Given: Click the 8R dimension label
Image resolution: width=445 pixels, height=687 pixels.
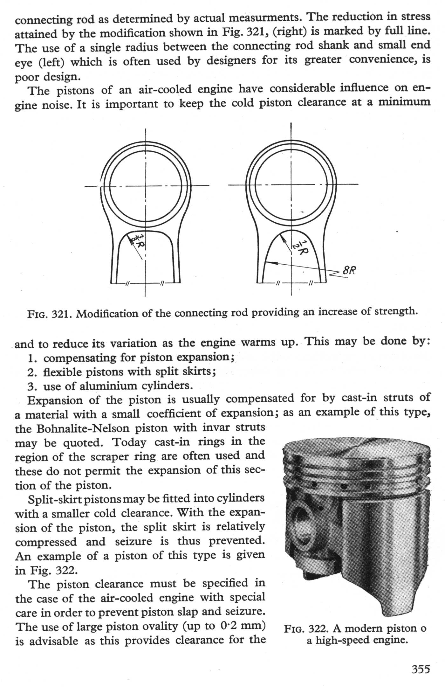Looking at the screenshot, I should [349, 271].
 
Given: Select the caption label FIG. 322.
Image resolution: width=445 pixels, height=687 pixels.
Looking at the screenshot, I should [304, 629].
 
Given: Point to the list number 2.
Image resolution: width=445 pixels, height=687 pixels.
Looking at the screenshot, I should [31, 372].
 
